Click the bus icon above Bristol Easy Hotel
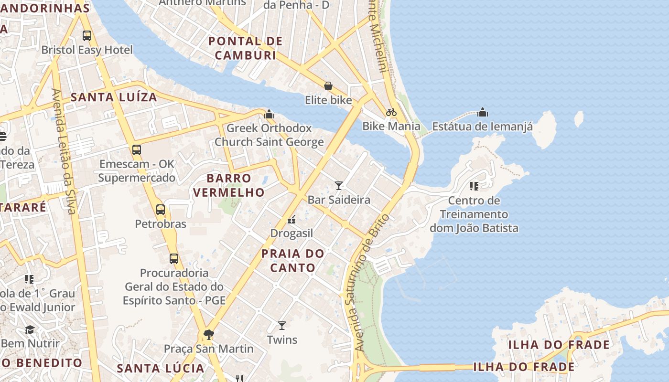coord(86,35)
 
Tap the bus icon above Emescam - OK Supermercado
coord(137,150)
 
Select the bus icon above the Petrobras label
coord(161,210)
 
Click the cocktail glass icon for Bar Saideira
coord(339,185)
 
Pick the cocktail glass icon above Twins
coord(282,326)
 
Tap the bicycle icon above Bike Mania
coord(391,112)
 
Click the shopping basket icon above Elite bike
coord(328,86)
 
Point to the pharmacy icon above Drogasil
coord(291,220)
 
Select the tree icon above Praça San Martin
coord(208,334)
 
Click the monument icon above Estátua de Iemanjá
coord(483,112)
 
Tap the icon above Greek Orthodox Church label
coord(269,114)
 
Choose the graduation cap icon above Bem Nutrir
coord(30,329)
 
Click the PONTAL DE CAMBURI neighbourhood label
coord(246,48)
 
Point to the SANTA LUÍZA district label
coord(114,97)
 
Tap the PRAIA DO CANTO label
coord(292,260)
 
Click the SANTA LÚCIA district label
coord(161,368)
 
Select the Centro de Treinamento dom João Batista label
coord(474,214)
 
